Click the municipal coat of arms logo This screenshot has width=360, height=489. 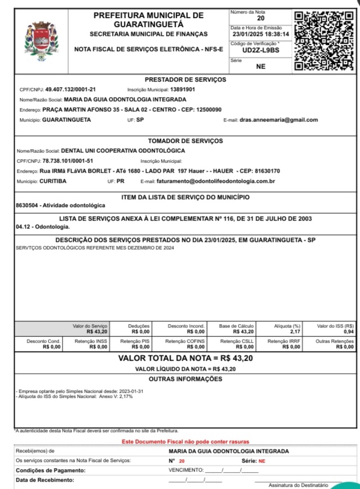coord(37,38)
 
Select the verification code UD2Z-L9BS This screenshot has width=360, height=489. coord(260,50)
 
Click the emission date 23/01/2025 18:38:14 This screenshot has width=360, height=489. coord(260,34)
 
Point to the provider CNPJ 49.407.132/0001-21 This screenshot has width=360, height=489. coord(70,89)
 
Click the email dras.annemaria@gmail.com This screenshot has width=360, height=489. coord(278,120)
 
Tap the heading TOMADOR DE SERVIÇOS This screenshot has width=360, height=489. coord(185,141)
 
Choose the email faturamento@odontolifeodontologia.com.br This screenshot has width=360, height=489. coord(215,181)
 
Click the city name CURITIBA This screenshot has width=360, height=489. coord(53,181)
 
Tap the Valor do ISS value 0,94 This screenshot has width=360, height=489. coord(349,332)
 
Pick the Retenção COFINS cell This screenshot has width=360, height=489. coord(186,344)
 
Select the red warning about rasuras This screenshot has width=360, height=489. coord(185,442)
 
